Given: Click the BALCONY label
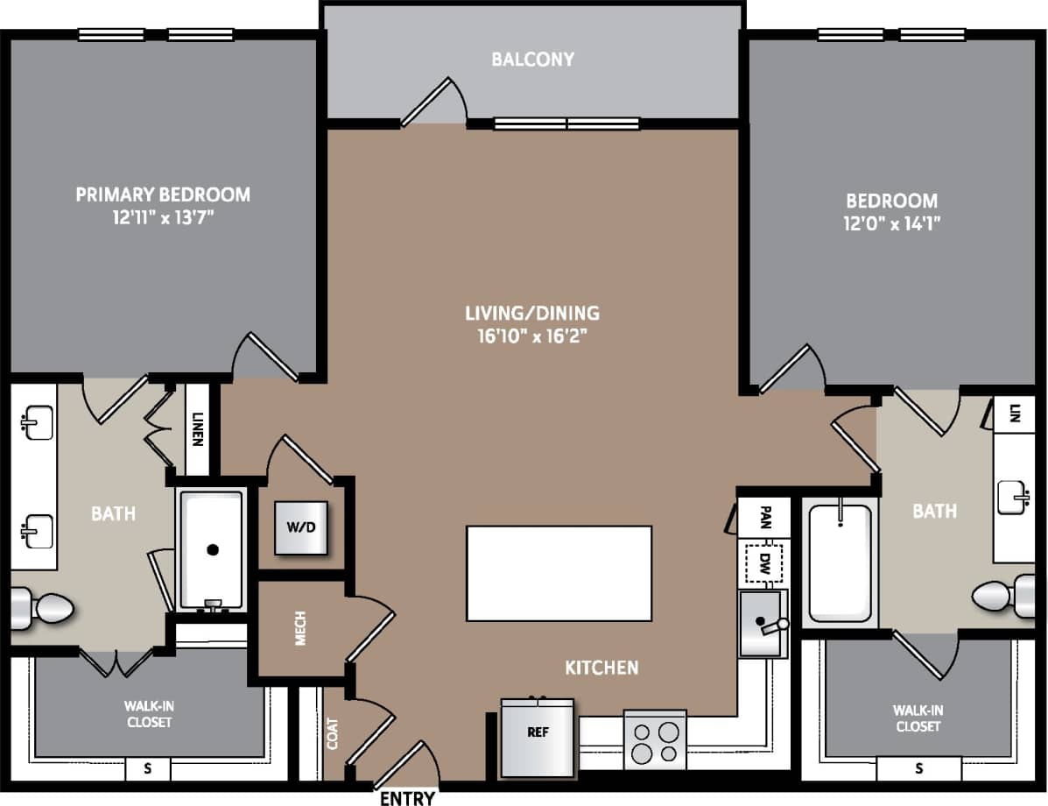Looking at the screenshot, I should pos(532,60).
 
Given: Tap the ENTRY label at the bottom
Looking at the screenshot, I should pos(407,797).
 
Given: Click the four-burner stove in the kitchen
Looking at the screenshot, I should pos(655,740).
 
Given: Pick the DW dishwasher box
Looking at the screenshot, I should pos(764,564).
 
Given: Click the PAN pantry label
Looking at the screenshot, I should pos(764,516).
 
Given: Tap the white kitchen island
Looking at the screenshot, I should pos(559,573).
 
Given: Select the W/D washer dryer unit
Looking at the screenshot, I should pos(301,528).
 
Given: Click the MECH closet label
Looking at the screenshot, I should pos(300,629).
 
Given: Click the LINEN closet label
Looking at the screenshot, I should pos(198,429).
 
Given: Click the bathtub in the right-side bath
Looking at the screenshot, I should pos(840,562).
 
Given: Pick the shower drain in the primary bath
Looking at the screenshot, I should pos(212,550).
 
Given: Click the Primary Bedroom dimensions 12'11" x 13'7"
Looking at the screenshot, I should pos(163,216).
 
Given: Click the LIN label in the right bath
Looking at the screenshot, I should pos(1015,412).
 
